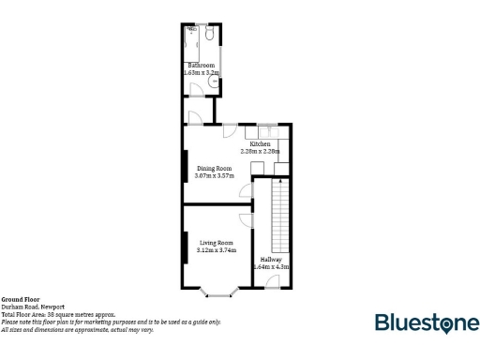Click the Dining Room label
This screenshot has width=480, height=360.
(213, 169)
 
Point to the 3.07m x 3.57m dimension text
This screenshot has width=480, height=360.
(213, 175)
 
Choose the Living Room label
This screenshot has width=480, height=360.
(217, 244)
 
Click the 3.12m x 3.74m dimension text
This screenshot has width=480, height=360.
(217, 250)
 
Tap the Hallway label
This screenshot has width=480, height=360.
(271, 260)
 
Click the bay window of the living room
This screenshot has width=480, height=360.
(218, 293)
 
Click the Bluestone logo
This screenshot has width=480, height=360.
(426, 323)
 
